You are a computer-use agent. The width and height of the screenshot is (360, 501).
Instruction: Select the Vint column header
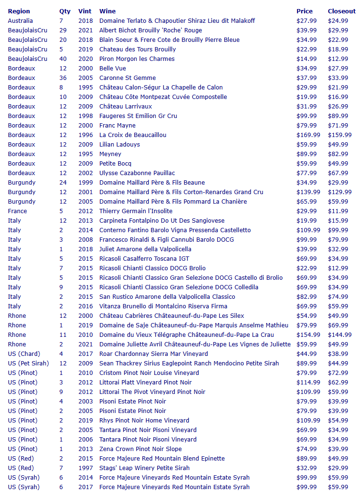pos(85,11)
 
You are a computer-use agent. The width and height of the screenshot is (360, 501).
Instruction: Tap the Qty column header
pos(65,11)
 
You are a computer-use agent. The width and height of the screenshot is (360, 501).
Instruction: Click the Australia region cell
pos(20,20)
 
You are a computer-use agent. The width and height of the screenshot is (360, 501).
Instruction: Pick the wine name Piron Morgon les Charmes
pos(137,59)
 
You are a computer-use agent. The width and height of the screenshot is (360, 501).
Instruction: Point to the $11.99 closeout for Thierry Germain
pos(338,211)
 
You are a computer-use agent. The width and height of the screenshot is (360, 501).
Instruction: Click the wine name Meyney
pos(110,154)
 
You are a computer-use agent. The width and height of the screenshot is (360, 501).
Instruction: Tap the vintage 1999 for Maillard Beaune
pos(85,182)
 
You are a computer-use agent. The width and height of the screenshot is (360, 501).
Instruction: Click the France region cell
pos(18,211)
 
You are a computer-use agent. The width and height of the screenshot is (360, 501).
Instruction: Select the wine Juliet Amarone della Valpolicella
pos(145,249)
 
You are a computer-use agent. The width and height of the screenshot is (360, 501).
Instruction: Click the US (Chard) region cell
pos(24,354)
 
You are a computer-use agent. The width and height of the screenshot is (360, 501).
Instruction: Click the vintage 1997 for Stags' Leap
pos(85,468)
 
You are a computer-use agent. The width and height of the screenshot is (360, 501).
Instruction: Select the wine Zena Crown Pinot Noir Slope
pos(140,449)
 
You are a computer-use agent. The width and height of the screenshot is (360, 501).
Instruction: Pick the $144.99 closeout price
pos(340,334)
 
